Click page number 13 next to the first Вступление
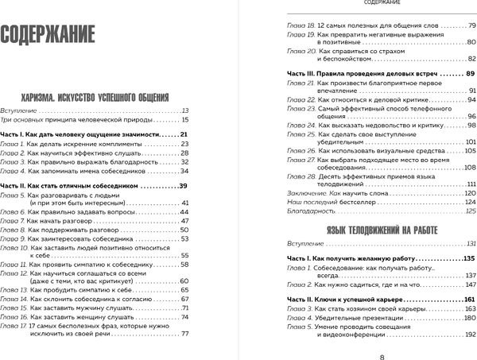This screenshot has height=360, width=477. pyautogui.click(x=185, y=110)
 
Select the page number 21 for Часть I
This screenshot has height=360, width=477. pyautogui.click(x=184, y=134)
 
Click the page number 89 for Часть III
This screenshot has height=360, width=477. pyautogui.click(x=470, y=73)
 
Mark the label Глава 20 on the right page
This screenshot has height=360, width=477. pyautogui.click(x=298, y=49)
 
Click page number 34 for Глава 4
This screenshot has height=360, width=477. pyautogui.click(x=184, y=171)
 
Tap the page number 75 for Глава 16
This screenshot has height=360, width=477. pyautogui.click(x=185, y=316)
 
